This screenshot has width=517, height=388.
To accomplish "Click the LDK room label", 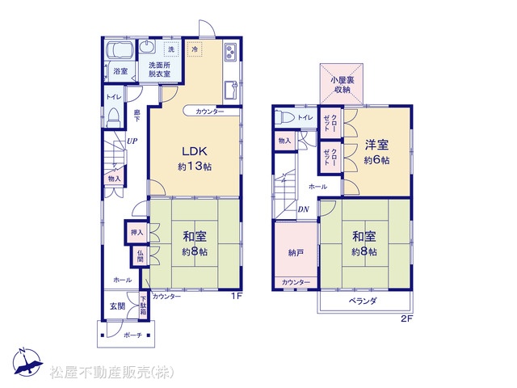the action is coord(195,151).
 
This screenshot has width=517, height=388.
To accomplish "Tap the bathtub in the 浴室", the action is coord(120,50).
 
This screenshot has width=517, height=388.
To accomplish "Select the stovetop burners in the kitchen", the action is coord(230,52).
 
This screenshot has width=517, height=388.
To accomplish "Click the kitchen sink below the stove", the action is coord(231,90).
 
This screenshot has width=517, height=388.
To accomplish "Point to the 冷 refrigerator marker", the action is coord(195,49).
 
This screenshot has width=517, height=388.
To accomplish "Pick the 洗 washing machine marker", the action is coord(171,49).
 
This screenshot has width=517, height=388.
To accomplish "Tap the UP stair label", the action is coord(132,141).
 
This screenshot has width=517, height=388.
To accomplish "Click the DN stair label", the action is coord(303,209).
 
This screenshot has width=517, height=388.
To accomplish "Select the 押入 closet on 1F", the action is coord(137,232).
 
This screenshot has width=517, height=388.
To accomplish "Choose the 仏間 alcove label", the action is coord(140,255).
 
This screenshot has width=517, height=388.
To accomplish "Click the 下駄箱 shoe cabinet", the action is coord(143,306).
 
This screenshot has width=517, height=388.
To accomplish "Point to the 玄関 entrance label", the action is coord(117,306).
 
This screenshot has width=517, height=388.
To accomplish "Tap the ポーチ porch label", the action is coord(132,335).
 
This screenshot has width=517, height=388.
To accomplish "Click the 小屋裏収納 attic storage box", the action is coord(342,84).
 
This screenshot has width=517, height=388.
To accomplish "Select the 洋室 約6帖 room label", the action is coord(376,152).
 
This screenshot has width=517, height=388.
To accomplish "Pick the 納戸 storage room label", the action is coord(296,253).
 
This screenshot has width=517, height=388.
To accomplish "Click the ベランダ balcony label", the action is coord(363,301).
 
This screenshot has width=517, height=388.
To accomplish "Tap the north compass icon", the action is coord(27,362).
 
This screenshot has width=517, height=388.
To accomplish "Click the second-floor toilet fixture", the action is coord(286,117).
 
